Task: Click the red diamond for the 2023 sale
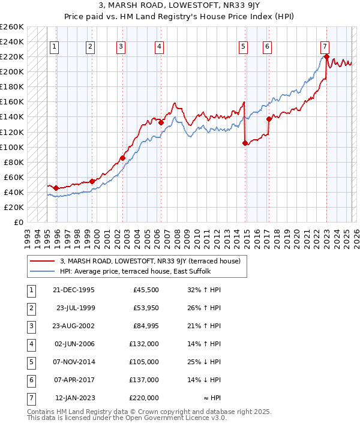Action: click(x=326, y=57)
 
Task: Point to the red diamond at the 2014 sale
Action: click(x=245, y=143)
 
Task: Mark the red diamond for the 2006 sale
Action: click(x=161, y=122)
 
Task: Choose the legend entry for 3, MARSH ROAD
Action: click(x=150, y=261)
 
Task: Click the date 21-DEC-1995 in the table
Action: click(x=74, y=290)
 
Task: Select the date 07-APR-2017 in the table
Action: click(x=74, y=380)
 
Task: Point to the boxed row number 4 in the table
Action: click(x=30, y=344)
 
